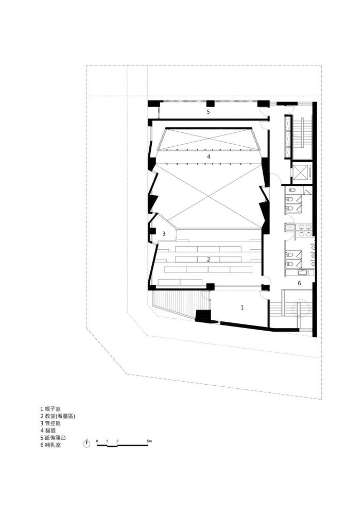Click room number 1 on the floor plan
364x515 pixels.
242,307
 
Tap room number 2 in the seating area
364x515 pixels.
209,260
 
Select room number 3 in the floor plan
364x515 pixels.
164,234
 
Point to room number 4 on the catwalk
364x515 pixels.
209,157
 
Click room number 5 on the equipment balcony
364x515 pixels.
208,112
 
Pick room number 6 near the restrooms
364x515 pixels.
299,283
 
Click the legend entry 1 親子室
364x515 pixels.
50,409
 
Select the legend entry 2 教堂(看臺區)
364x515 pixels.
58,416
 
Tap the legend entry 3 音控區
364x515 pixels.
50,423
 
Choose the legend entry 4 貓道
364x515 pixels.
48,431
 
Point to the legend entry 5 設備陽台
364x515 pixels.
53,438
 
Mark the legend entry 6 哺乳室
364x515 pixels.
50,445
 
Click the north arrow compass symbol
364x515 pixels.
86,444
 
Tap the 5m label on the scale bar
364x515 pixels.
149,441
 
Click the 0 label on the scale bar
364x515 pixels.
97,441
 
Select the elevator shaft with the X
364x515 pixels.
301,173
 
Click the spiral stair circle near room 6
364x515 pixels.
300,308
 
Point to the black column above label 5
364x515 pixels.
211,104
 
